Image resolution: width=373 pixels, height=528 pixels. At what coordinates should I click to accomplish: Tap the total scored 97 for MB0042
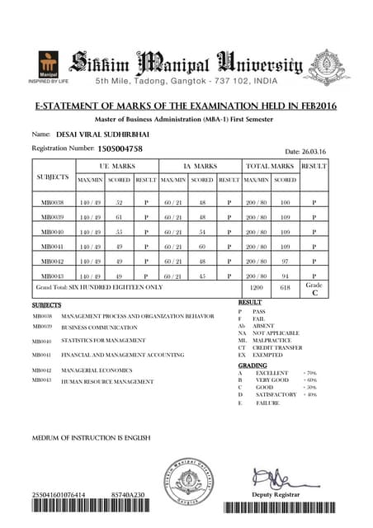pos(286,261)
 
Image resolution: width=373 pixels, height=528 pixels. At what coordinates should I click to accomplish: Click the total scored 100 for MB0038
pos(286,201)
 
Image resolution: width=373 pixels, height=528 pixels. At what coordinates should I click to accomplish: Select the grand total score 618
pos(286,288)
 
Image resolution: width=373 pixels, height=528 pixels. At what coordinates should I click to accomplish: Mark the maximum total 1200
pos(257,288)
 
